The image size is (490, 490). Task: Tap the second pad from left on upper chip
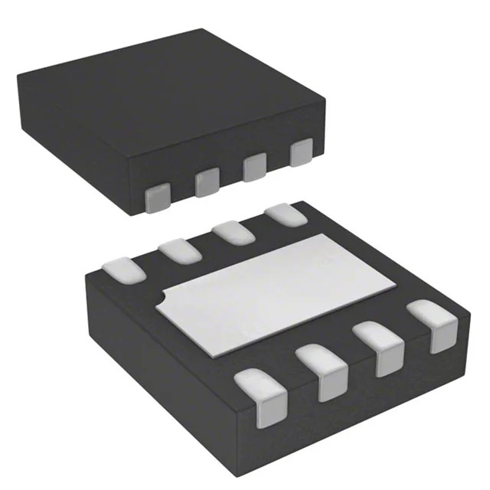207,182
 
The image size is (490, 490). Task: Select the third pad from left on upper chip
254,167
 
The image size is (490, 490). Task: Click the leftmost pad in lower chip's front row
265,397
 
